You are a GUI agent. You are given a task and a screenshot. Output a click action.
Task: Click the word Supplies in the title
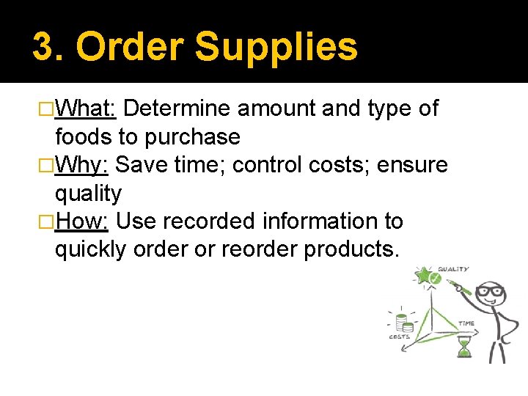pyautogui.click(x=276, y=47)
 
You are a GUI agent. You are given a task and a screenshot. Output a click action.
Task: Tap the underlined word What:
pyautogui.click(x=85, y=109)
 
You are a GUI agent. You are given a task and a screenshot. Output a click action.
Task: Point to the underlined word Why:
pyautogui.click(x=82, y=165)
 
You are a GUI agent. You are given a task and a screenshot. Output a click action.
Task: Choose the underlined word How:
pyautogui.click(x=82, y=221)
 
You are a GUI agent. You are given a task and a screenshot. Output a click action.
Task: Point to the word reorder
pyautogui.click(x=260, y=249)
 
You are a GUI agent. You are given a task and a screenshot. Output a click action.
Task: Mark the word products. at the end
pyautogui.click(x=352, y=249)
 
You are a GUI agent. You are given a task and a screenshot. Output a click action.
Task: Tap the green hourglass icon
pyautogui.click(x=463, y=345)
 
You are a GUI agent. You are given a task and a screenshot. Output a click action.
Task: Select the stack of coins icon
pyautogui.click(x=402, y=322)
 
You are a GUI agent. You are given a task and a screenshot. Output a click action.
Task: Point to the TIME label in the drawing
pyautogui.click(x=466, y=323)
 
